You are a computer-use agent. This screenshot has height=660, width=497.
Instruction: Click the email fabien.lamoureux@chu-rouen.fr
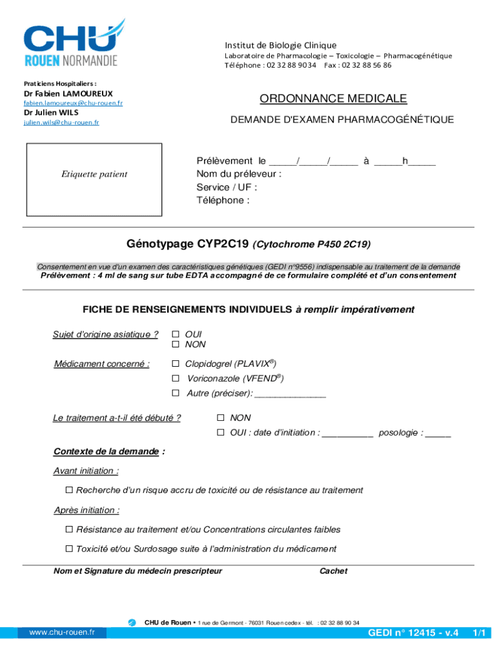point(73,103)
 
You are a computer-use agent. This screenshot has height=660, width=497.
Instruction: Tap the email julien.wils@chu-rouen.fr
point(61,122)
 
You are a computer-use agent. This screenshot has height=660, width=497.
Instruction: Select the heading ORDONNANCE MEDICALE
point(333,99)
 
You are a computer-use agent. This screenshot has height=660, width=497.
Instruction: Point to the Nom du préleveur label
point(238,174)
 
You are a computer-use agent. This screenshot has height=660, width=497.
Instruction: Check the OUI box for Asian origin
point(175,335)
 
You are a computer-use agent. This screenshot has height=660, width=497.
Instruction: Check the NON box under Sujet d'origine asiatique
point(175,345)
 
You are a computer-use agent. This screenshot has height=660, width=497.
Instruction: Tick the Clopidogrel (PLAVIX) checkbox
point(175,364)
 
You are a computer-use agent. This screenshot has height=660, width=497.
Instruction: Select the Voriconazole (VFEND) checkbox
point(175,378)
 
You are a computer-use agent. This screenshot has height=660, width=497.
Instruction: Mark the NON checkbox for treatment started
point(221,418)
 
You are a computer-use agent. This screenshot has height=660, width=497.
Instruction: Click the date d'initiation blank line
point(347,434)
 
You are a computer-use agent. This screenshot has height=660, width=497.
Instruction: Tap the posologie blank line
point(438,434)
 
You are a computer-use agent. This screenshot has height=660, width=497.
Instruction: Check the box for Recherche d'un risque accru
point(69,490)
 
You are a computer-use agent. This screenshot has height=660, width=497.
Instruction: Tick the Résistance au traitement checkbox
point(69,530)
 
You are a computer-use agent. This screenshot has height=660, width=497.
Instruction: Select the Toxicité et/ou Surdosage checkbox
point(69,549)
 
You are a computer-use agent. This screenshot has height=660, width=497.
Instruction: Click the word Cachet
point(333,571)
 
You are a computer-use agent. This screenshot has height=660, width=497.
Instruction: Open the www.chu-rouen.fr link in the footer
point(62,632)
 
